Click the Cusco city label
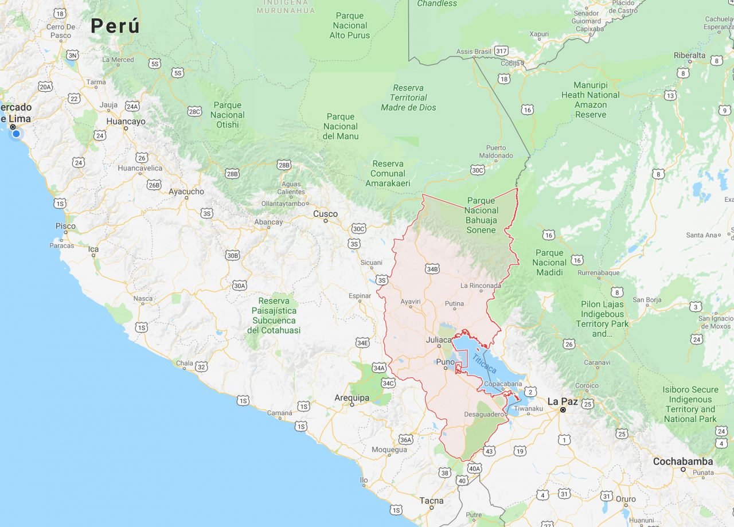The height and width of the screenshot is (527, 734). coord(325,214)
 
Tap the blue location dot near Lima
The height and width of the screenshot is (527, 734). coord(16,134)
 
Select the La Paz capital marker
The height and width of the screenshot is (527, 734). coord(563,409)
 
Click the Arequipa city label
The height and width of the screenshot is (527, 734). coord(352,397)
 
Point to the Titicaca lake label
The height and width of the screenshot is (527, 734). coord(485,364)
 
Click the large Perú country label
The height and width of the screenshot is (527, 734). coord(115,26)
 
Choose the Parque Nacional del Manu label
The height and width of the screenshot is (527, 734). coord(341,126)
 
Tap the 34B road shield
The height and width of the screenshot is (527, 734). coord(432,268)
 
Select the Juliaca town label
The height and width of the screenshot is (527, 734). coord(439,340)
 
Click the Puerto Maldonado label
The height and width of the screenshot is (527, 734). coord(496,151)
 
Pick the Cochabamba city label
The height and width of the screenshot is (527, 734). coord(683,461)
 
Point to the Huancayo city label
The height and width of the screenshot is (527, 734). coord(126,122)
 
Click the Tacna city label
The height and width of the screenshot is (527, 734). coord(431,501)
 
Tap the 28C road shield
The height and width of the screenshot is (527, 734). coord(194,111)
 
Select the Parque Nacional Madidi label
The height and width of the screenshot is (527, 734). coord(549,262)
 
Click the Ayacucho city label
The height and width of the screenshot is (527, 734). coord(186,192)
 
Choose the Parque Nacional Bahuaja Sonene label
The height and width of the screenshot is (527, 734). coord(481,215)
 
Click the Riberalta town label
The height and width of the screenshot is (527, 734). coord(689,55)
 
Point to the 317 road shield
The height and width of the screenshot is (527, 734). coord(501,50)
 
